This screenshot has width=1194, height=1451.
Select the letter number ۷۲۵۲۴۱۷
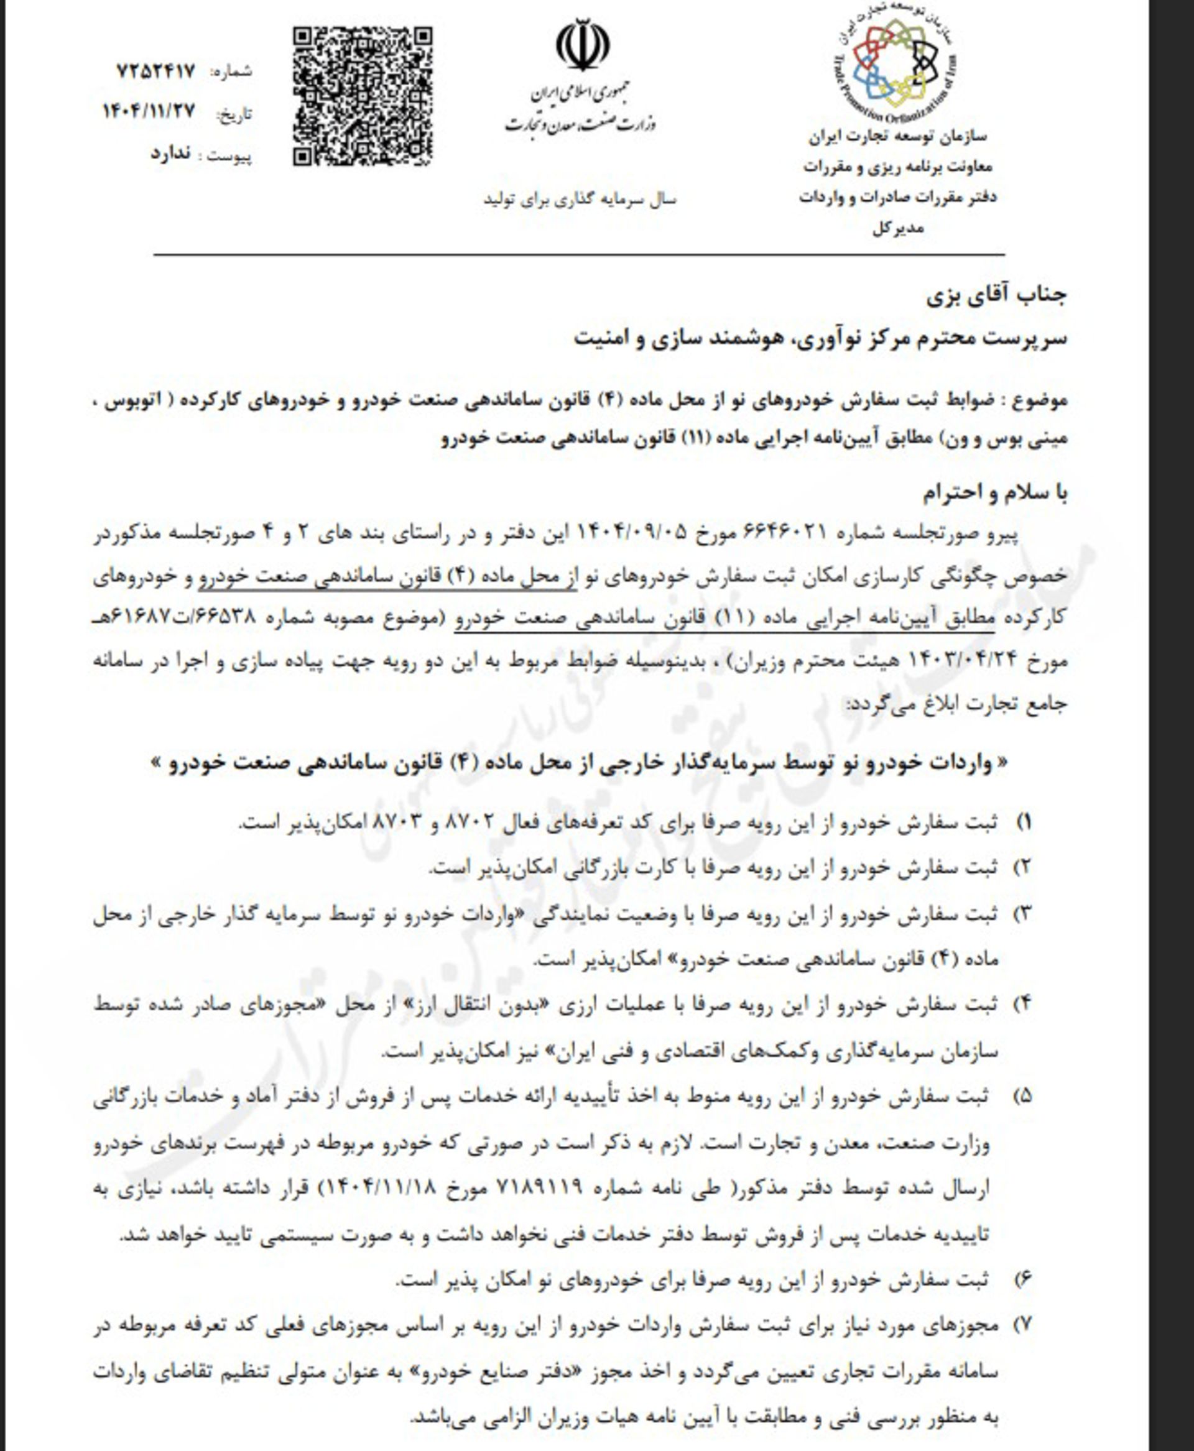coord(156,71)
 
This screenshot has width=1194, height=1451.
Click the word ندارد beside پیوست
coord(170,154)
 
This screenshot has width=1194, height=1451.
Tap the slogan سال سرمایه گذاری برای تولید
coord(580,200)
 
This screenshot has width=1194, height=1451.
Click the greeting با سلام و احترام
coord(994,492)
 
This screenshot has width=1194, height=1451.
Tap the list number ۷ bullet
coord(1024,1324)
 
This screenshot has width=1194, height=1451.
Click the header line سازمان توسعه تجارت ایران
coord(897,136)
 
